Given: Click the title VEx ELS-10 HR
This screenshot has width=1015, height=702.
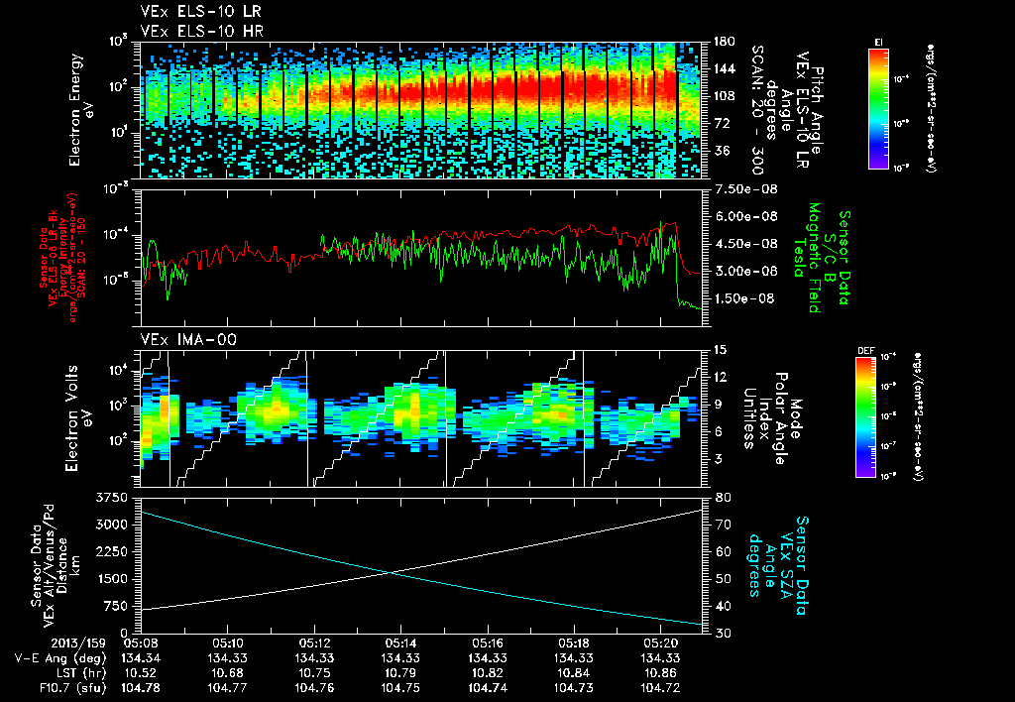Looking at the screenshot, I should point(187,31).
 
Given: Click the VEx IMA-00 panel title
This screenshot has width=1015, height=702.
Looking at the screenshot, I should point(179,339).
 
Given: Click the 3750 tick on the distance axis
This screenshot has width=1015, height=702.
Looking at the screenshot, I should point(112,496).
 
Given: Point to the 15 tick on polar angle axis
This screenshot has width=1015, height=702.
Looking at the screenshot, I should point(719,349).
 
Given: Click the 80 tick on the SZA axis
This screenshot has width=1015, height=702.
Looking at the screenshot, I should point(719,496).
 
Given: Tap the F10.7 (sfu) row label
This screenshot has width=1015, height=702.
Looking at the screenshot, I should point(69,686).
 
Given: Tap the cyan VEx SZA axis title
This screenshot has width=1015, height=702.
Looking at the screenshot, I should point(779,557).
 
